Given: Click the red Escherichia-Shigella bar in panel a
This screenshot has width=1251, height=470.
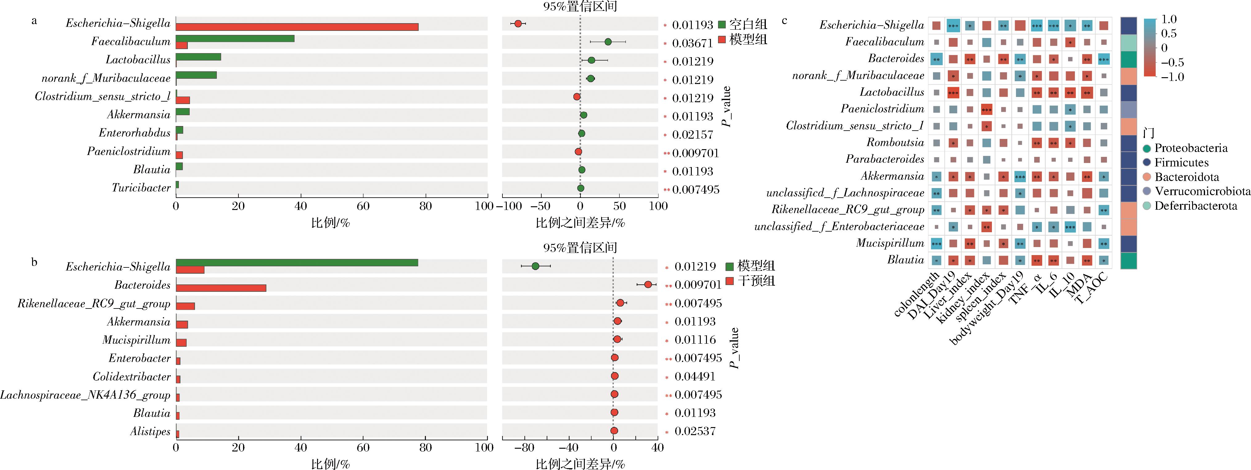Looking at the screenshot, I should pyautogui.click(x=297, y=27).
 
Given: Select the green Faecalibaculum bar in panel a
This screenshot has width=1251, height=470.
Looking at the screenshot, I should pyautogui.click(x=235, y=38).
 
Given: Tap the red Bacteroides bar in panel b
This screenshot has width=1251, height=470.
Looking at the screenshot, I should pyautogui.click(x=221, y=288).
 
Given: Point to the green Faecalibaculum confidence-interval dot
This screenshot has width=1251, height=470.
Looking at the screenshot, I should pyautogui.click(x=608, y=42).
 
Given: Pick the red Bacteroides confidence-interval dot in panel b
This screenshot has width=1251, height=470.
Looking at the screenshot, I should pyautogui.click(x=648, y=284).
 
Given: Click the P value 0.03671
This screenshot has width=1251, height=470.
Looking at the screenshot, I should pyautogui.click(x=692, y=43).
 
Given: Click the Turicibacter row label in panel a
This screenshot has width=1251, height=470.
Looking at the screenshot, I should pyautogui.click(x=141, y=188).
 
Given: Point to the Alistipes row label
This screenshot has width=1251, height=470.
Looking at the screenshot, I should pyautogui.click(x=150, y=432).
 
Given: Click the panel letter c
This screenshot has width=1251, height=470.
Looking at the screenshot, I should pyautogui.click(x=785, y=21).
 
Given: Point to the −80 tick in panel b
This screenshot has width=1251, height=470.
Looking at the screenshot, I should pyautogui.click(x=524, y=448).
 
